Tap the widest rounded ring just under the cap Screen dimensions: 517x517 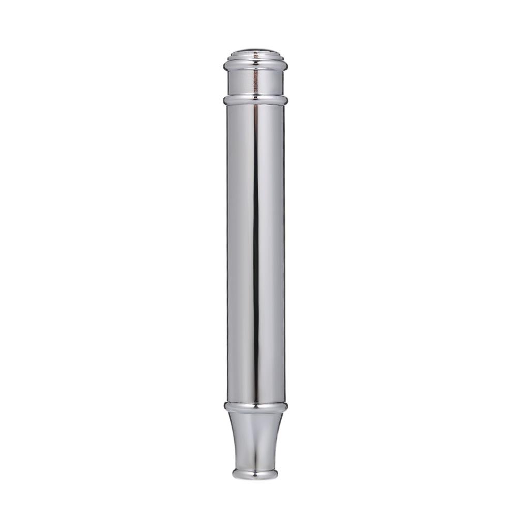point(255,66)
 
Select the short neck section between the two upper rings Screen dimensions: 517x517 point(255,82)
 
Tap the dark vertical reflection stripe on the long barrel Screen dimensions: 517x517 point(255,248)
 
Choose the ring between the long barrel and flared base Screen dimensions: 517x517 point(255,406)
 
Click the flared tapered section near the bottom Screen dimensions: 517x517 point(255,439)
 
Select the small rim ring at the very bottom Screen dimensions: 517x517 point(255,474)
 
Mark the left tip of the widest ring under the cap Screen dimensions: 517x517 point(224,66)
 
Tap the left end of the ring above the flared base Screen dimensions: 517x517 point(224,406)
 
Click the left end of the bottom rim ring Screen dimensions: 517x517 point(233,474)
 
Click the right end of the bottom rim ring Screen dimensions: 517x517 point(278,474)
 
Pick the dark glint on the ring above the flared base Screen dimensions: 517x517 point(254,407)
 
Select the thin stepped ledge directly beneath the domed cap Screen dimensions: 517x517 point(255,58)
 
